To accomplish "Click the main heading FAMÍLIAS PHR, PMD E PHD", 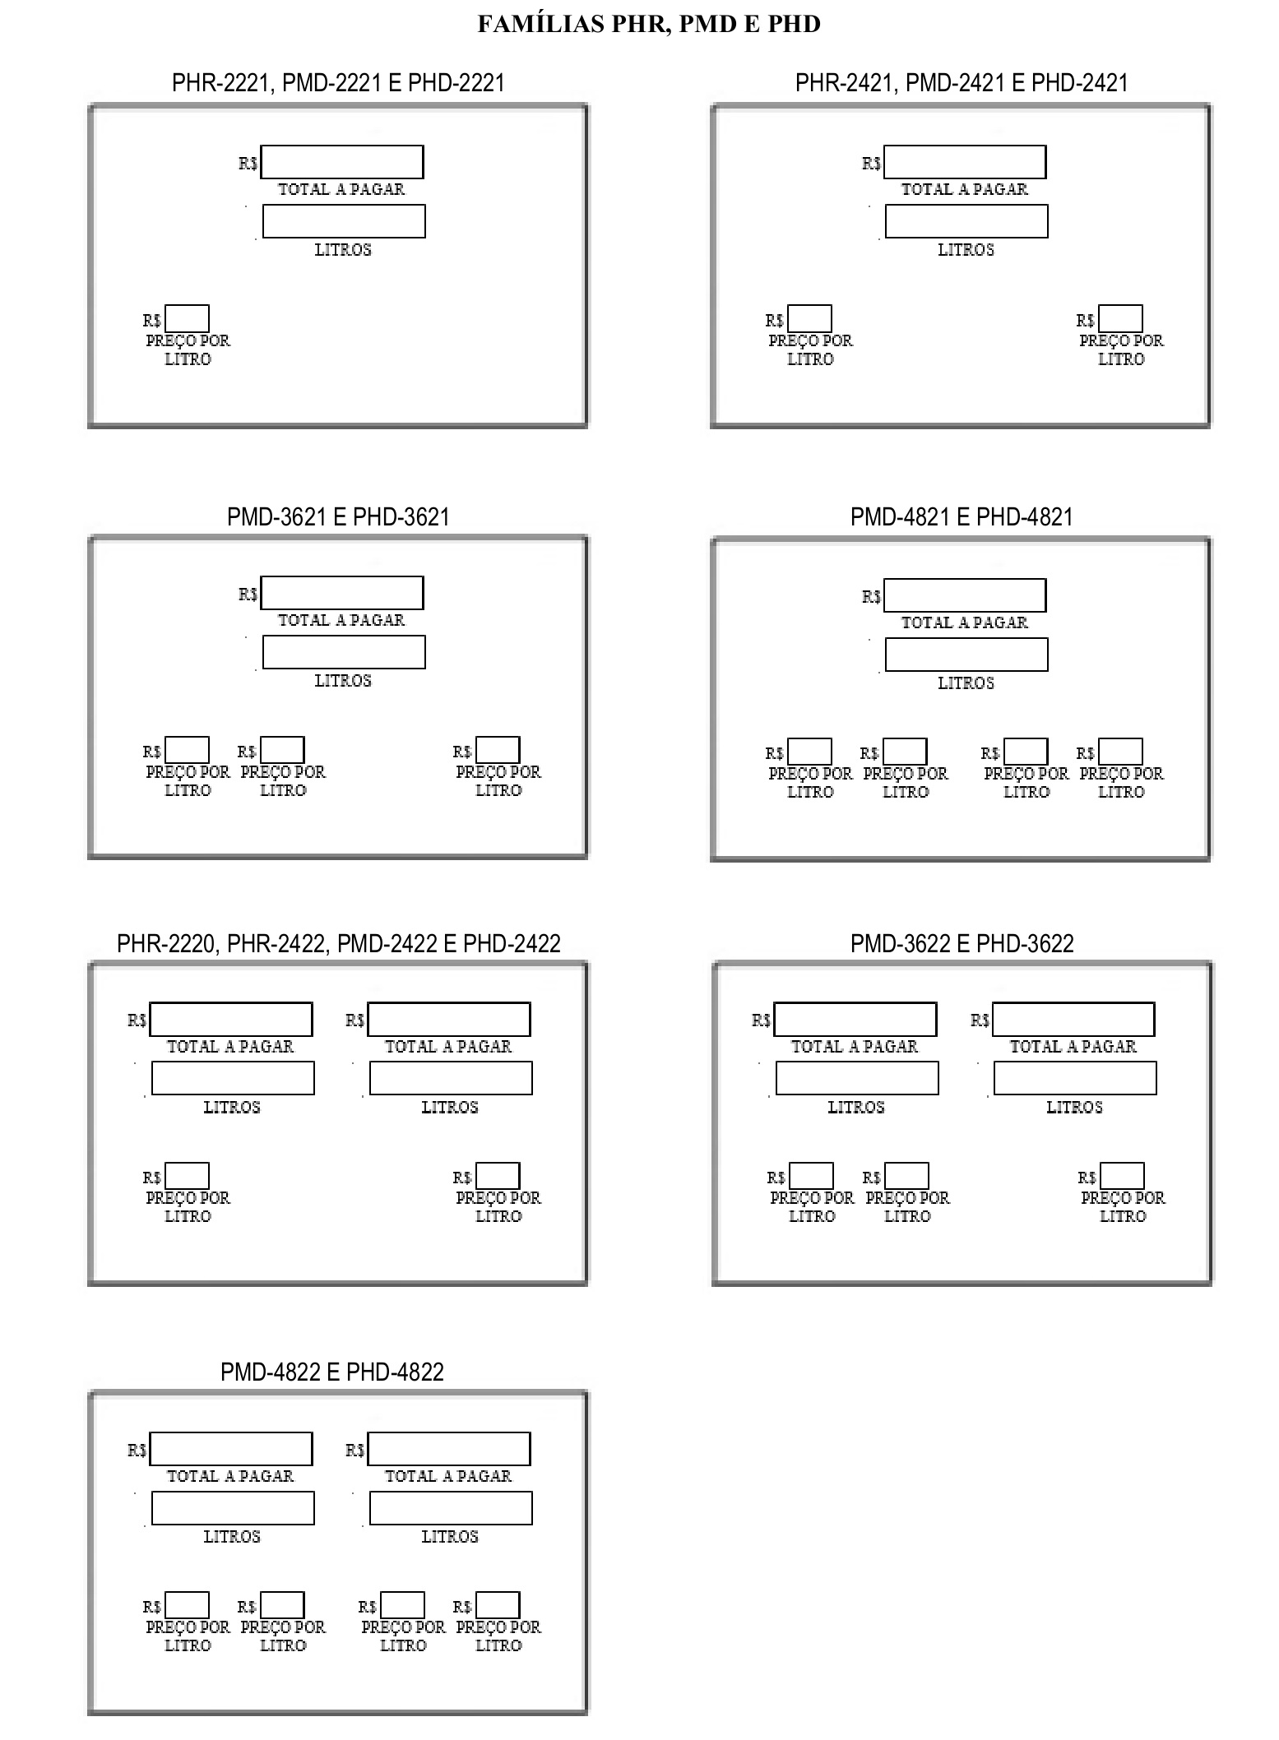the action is point(649,24).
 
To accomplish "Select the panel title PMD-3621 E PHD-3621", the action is point(338,516).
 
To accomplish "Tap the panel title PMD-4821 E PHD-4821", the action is point(962,516).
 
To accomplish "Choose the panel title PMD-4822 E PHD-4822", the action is point(332,1372).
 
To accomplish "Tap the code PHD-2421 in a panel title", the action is point(1079,82).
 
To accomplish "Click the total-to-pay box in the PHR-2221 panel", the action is point(342,162).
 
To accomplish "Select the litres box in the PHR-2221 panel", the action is point(344,221).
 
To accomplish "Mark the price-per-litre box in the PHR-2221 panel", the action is point(187,318).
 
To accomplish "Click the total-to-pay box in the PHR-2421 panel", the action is point(965,162).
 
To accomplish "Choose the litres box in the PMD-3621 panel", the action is point(344,652).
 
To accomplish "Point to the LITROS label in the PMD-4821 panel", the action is point(966,683).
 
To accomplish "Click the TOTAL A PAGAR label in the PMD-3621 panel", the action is point(341,620).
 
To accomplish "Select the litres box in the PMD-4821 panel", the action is point(966,655).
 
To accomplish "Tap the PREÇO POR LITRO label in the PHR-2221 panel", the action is point(188,349).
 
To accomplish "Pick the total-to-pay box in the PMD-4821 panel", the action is point(965,595).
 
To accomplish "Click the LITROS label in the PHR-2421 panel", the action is point(966,249).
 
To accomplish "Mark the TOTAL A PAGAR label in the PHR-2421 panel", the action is point(965,189).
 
